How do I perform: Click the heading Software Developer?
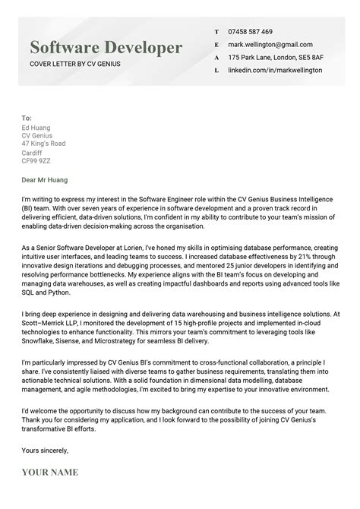(x=106, y=48)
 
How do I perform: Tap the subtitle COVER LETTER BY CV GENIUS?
(x=75, y=64)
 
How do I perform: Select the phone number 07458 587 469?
(x=250, y=32)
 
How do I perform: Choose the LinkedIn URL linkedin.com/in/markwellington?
(x=274, y=71)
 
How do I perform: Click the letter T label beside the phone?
(x=216, y=32)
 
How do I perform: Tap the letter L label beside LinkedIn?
(x=216, y=71)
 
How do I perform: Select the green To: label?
(x=27, y=119)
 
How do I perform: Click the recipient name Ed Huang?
(x=36, y=128)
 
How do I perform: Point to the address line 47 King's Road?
(x=43, y=144)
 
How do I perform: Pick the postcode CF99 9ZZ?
(x=36, y=160)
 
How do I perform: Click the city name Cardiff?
(x=33, y=152)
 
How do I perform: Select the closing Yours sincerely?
(x=45, y=450)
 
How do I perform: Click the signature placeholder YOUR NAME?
(x=50, y=473)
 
